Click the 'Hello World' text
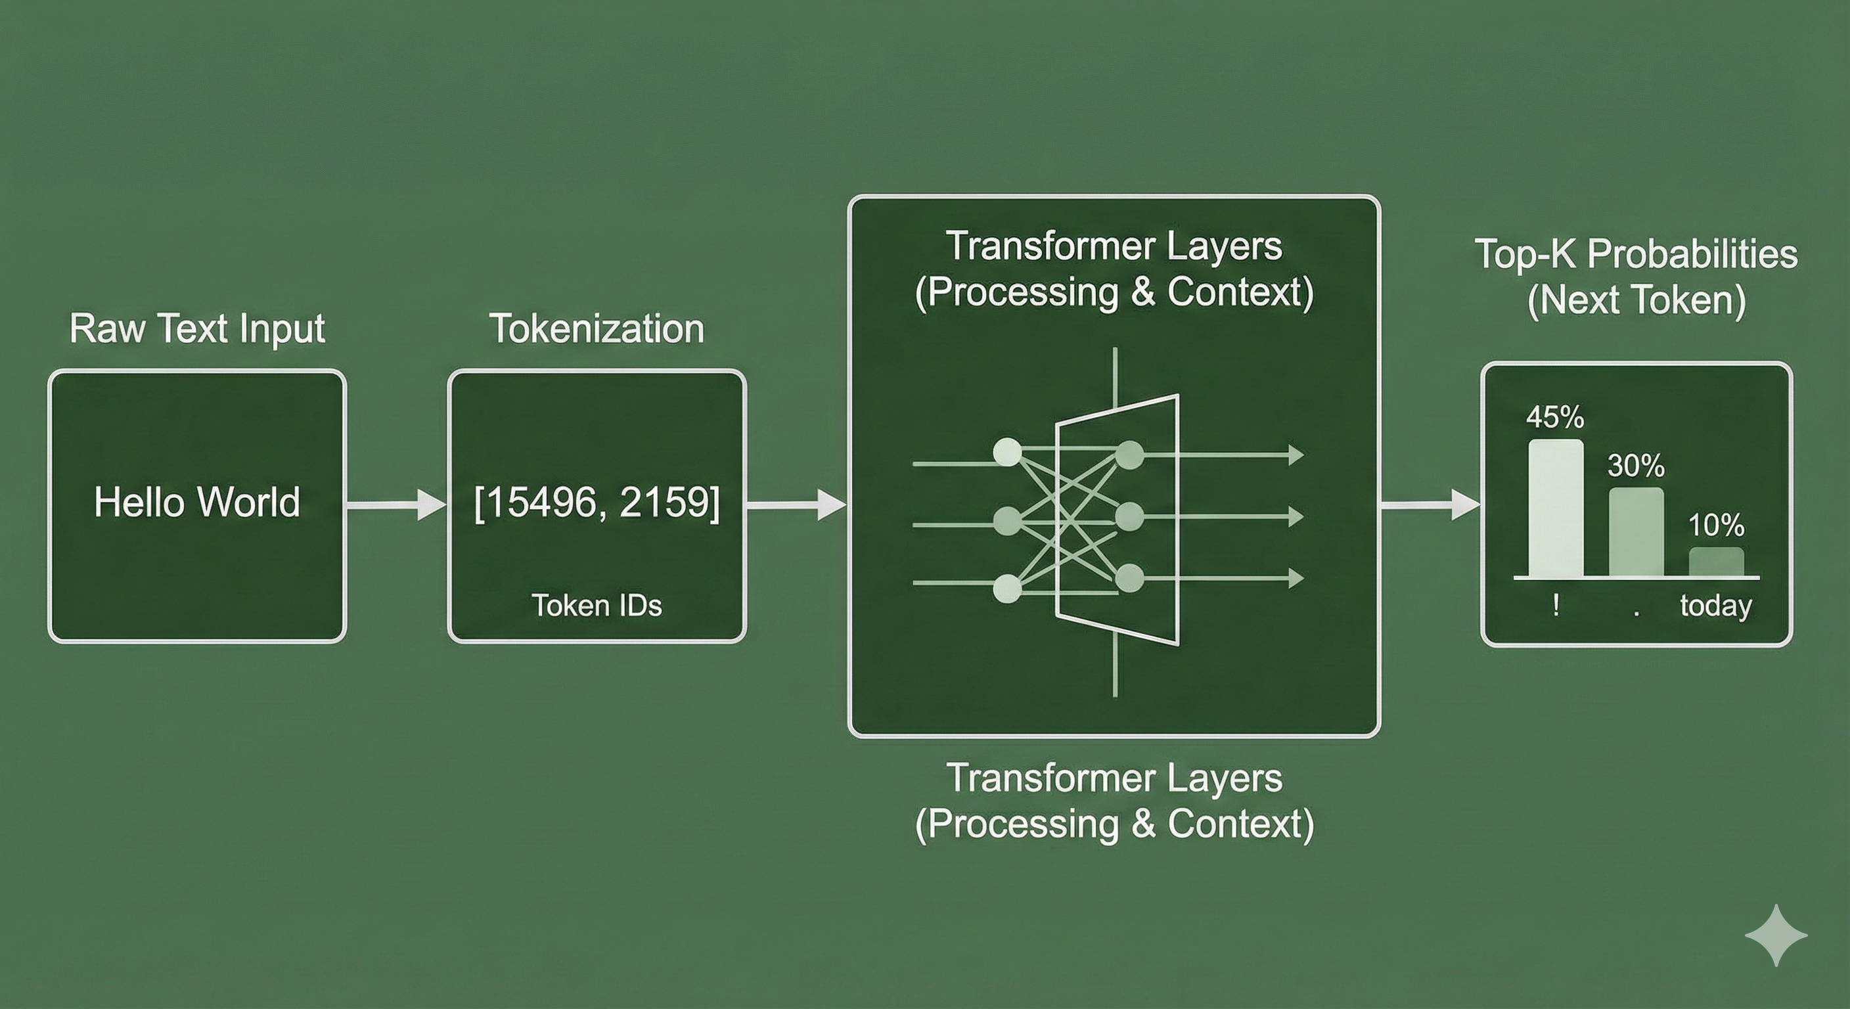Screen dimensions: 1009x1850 point(197,502)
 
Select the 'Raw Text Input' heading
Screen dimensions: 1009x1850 point(197,329)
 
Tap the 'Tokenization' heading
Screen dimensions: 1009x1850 point(597,329)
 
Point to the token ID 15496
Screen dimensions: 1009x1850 point(539,502)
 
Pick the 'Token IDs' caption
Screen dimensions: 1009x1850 point(597,606)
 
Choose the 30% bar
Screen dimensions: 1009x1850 point(1636,532)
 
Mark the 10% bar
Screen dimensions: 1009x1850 point(1717,562)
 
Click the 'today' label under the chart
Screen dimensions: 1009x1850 point(1717,606)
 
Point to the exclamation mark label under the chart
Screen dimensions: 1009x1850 point(1556,606)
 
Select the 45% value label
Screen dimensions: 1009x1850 point(1556,417)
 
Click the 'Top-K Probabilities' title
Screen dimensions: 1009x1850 point(1636,254)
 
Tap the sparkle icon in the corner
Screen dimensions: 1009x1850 point(1776,935)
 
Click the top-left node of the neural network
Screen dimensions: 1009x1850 point(1007,453)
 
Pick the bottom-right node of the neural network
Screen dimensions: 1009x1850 point(1130,577)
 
